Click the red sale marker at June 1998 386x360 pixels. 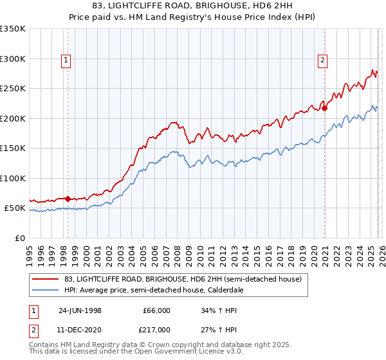(x=68, y=199)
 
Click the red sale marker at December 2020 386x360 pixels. (x=325, y=108)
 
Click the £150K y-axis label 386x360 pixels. (x=13, y=148)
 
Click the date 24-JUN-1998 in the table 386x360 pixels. (x=80, y=310)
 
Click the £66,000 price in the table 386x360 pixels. (x=157, y=310)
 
